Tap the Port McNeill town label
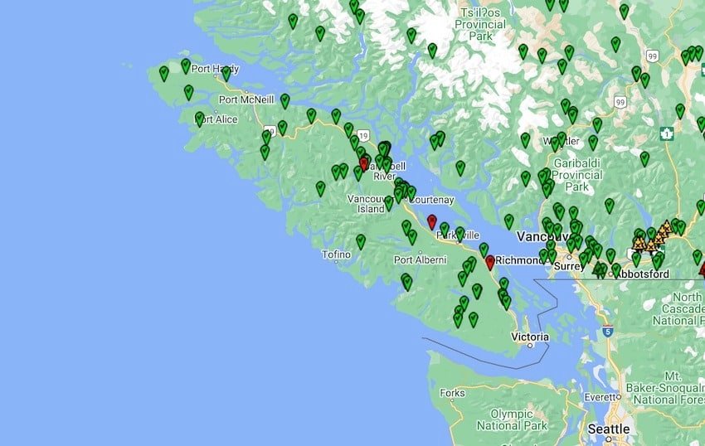(246, 99)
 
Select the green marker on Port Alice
(200, 119)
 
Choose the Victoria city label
(530, 337)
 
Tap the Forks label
(453, 393)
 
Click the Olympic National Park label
(518, 419)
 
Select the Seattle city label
(609, 429)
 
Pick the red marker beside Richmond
(490, 262)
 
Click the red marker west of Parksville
(431, 222)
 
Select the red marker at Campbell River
(364, 163)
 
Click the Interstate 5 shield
(608, 332)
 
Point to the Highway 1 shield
(665, 133)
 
